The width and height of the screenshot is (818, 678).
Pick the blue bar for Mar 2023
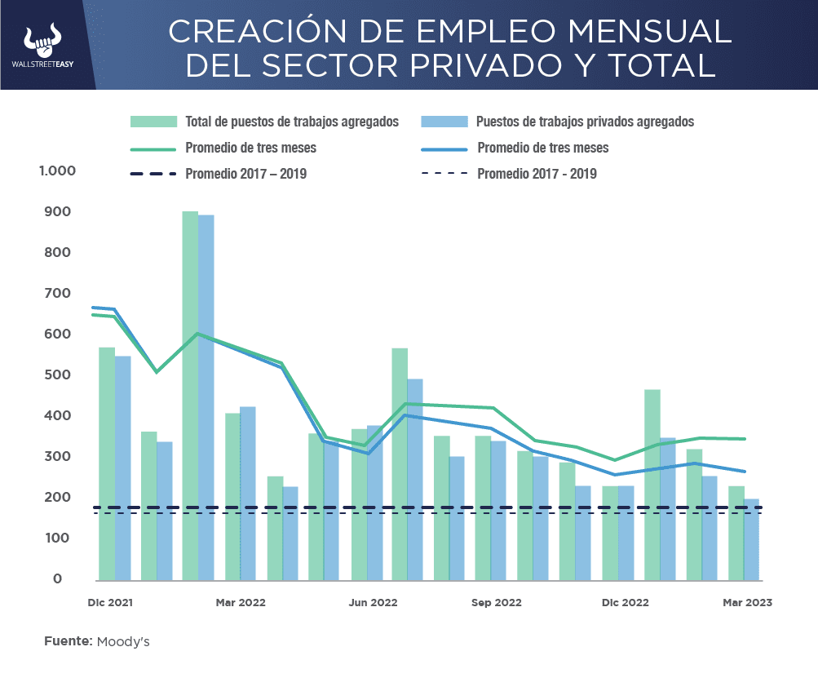(751, 539)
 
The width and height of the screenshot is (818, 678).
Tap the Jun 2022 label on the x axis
(373, 603)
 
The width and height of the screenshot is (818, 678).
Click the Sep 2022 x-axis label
(497, 603)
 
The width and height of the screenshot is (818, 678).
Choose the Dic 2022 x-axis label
(625, 603)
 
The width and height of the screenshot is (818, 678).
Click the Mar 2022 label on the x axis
(241, 603)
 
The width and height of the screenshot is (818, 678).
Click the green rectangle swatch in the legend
(153, 122)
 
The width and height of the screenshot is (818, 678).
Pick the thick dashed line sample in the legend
(153, 174)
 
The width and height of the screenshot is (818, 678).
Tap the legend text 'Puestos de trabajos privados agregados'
(585, 122)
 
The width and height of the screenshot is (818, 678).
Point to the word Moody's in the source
(123, 642)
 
